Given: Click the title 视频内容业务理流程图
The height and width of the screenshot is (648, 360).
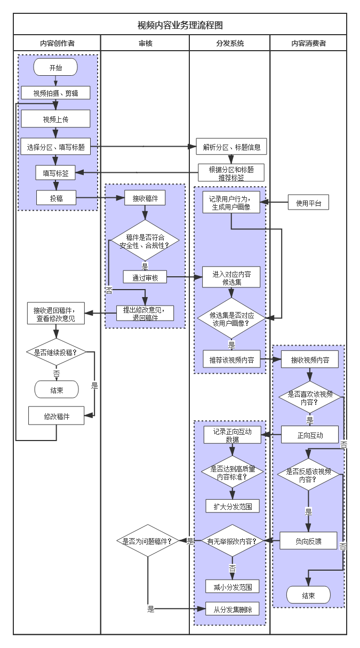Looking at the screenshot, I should pos(180,25).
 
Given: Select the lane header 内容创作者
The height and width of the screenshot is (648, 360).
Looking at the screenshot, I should pos(57,43).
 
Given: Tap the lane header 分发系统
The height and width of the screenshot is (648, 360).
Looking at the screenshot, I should pos(230,43).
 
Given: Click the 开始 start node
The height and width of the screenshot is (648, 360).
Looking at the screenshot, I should pos(55,68).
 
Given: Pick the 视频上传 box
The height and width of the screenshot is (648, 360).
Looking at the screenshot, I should pos(55,119).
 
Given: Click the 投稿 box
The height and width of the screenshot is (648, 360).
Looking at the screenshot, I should pos(56,198).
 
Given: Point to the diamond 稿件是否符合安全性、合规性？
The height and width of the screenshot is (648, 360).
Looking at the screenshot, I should pos(145,241).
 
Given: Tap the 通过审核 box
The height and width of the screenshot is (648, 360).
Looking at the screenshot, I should pos(145,277).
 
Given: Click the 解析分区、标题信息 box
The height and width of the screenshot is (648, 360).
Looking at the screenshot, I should pos(231,147).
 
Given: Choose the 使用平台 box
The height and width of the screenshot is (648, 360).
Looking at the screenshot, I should pos(309,203).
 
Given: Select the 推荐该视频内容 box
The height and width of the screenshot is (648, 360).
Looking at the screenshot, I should pos(231,359).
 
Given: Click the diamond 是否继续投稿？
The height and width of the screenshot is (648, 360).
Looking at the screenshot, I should pos(56,353).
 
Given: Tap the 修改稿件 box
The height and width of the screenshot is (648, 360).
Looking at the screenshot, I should pos(57,415).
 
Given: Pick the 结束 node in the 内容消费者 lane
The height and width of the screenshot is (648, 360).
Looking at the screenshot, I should pos(308,595).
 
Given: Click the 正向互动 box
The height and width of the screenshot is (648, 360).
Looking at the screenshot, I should pos(310,435).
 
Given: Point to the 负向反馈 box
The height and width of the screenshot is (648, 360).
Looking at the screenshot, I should pos(309,541).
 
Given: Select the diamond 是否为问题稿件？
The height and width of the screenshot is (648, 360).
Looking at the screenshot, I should pos(147,541).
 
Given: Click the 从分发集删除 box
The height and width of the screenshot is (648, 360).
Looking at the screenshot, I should pos(233,609).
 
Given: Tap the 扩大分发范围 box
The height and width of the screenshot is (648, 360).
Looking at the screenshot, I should pos(233,506).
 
